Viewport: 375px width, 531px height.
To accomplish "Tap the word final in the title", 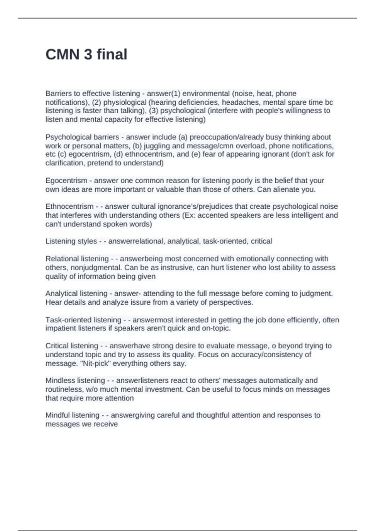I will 112,54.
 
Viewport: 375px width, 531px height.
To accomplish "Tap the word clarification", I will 64,163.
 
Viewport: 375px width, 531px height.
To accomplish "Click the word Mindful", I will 57,415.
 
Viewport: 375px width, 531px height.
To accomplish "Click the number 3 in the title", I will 88,54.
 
